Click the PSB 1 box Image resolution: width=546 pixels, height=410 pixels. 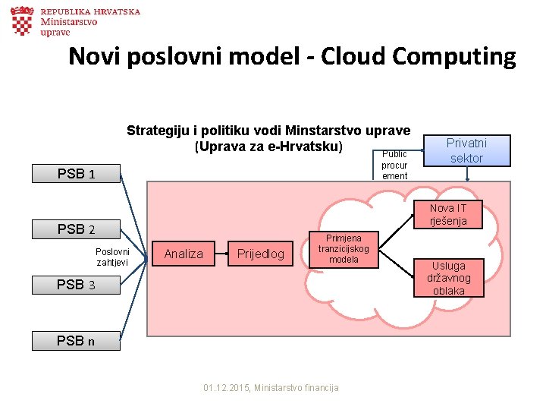click(x=76, y=174)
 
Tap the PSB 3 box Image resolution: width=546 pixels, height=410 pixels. click(x=76, y=285)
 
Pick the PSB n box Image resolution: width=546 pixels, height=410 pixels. click(x=76, y=341)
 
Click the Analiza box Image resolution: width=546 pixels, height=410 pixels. click(x=184, y=254)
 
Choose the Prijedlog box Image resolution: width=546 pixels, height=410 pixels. click(x=261, y=254)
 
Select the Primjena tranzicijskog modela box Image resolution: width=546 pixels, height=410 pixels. click(x=344, y=249)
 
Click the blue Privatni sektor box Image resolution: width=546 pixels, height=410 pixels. click(x=466, y=150)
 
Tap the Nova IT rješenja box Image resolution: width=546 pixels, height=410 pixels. click(x=447, y=214)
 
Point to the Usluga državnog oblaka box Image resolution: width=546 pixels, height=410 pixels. click(x=448, y=278)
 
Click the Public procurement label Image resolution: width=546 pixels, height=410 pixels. click(x=394, y=165)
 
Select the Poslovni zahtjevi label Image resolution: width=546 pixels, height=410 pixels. click(x=112, y=257)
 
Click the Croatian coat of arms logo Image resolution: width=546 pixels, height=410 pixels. click(x=22, y=21)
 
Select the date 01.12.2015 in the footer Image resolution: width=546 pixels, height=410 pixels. click(x=226, y=388)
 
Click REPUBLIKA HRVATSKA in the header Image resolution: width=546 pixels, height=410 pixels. click(x=90, y=12)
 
